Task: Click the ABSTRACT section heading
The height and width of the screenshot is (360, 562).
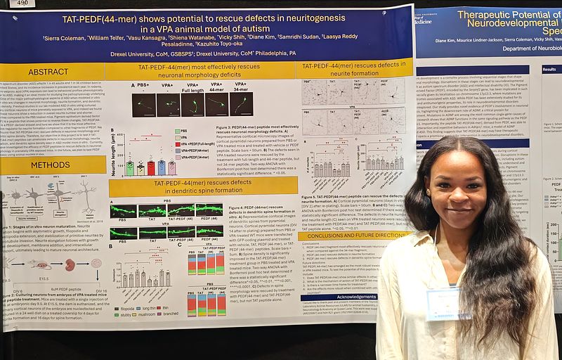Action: coord(49,71)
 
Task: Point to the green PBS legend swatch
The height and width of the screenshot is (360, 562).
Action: coord(178,131)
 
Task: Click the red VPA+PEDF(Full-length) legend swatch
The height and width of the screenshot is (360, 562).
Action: coord(178,143)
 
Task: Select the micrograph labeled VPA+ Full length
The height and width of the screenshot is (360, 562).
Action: coord(193,105)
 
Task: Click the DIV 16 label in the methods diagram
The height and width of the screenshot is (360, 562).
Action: coord(101,290)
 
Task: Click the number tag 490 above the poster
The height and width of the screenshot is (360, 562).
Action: coord(19,4)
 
